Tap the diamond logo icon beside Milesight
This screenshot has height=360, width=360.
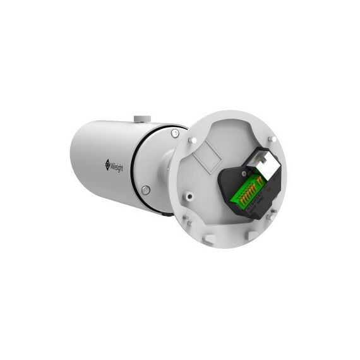point(107,164)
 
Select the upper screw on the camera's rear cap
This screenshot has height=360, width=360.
point(174,133)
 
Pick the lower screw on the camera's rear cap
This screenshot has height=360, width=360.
point(145,189)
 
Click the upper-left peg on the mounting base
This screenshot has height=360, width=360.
point(193,140)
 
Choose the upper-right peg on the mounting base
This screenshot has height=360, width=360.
point(271,138)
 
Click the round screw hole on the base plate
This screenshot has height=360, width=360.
point(188,195)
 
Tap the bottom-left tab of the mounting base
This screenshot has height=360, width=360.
point(208,239)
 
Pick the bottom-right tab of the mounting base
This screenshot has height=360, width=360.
point(251,234)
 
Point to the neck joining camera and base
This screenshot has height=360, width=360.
point(167,167)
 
